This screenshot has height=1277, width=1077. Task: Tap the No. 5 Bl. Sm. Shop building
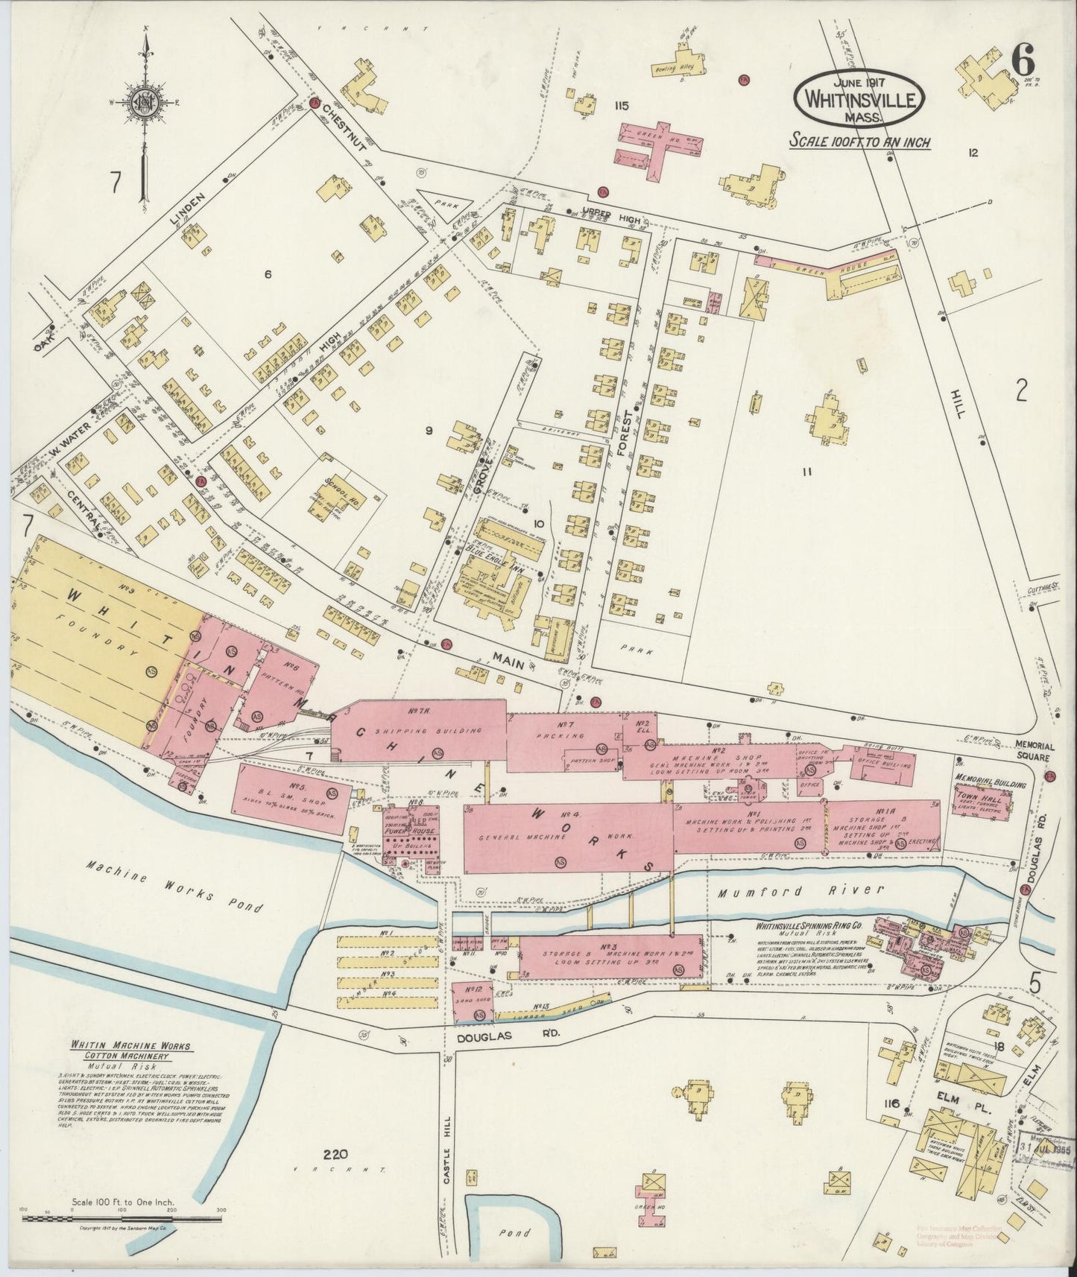point(293,796)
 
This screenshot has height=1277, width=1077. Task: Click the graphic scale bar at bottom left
point(122,1219)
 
